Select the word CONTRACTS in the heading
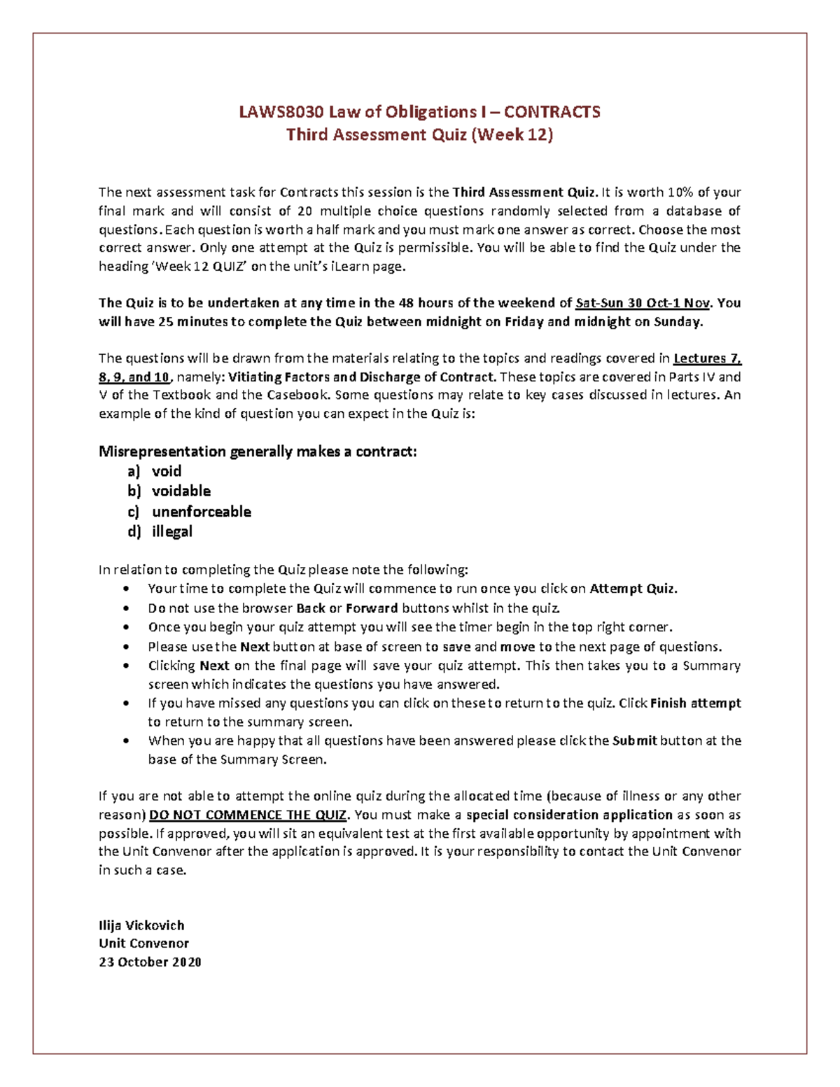click(552, 112)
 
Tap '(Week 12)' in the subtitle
click(512, 134)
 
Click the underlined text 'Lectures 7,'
click(706, 358)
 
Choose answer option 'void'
click(167, 471)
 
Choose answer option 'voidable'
click(181, 491)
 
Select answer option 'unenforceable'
click(202, 512)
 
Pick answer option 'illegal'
click(172, 532)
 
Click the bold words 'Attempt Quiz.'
click(633, 589)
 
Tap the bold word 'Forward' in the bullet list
click(372, 608)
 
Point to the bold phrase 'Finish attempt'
click(695, 703)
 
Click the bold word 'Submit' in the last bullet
click(634, 741)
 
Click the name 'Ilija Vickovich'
click(141, 925)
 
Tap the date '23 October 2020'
click(150, 962)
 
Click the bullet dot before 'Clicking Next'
click(125, 666)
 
